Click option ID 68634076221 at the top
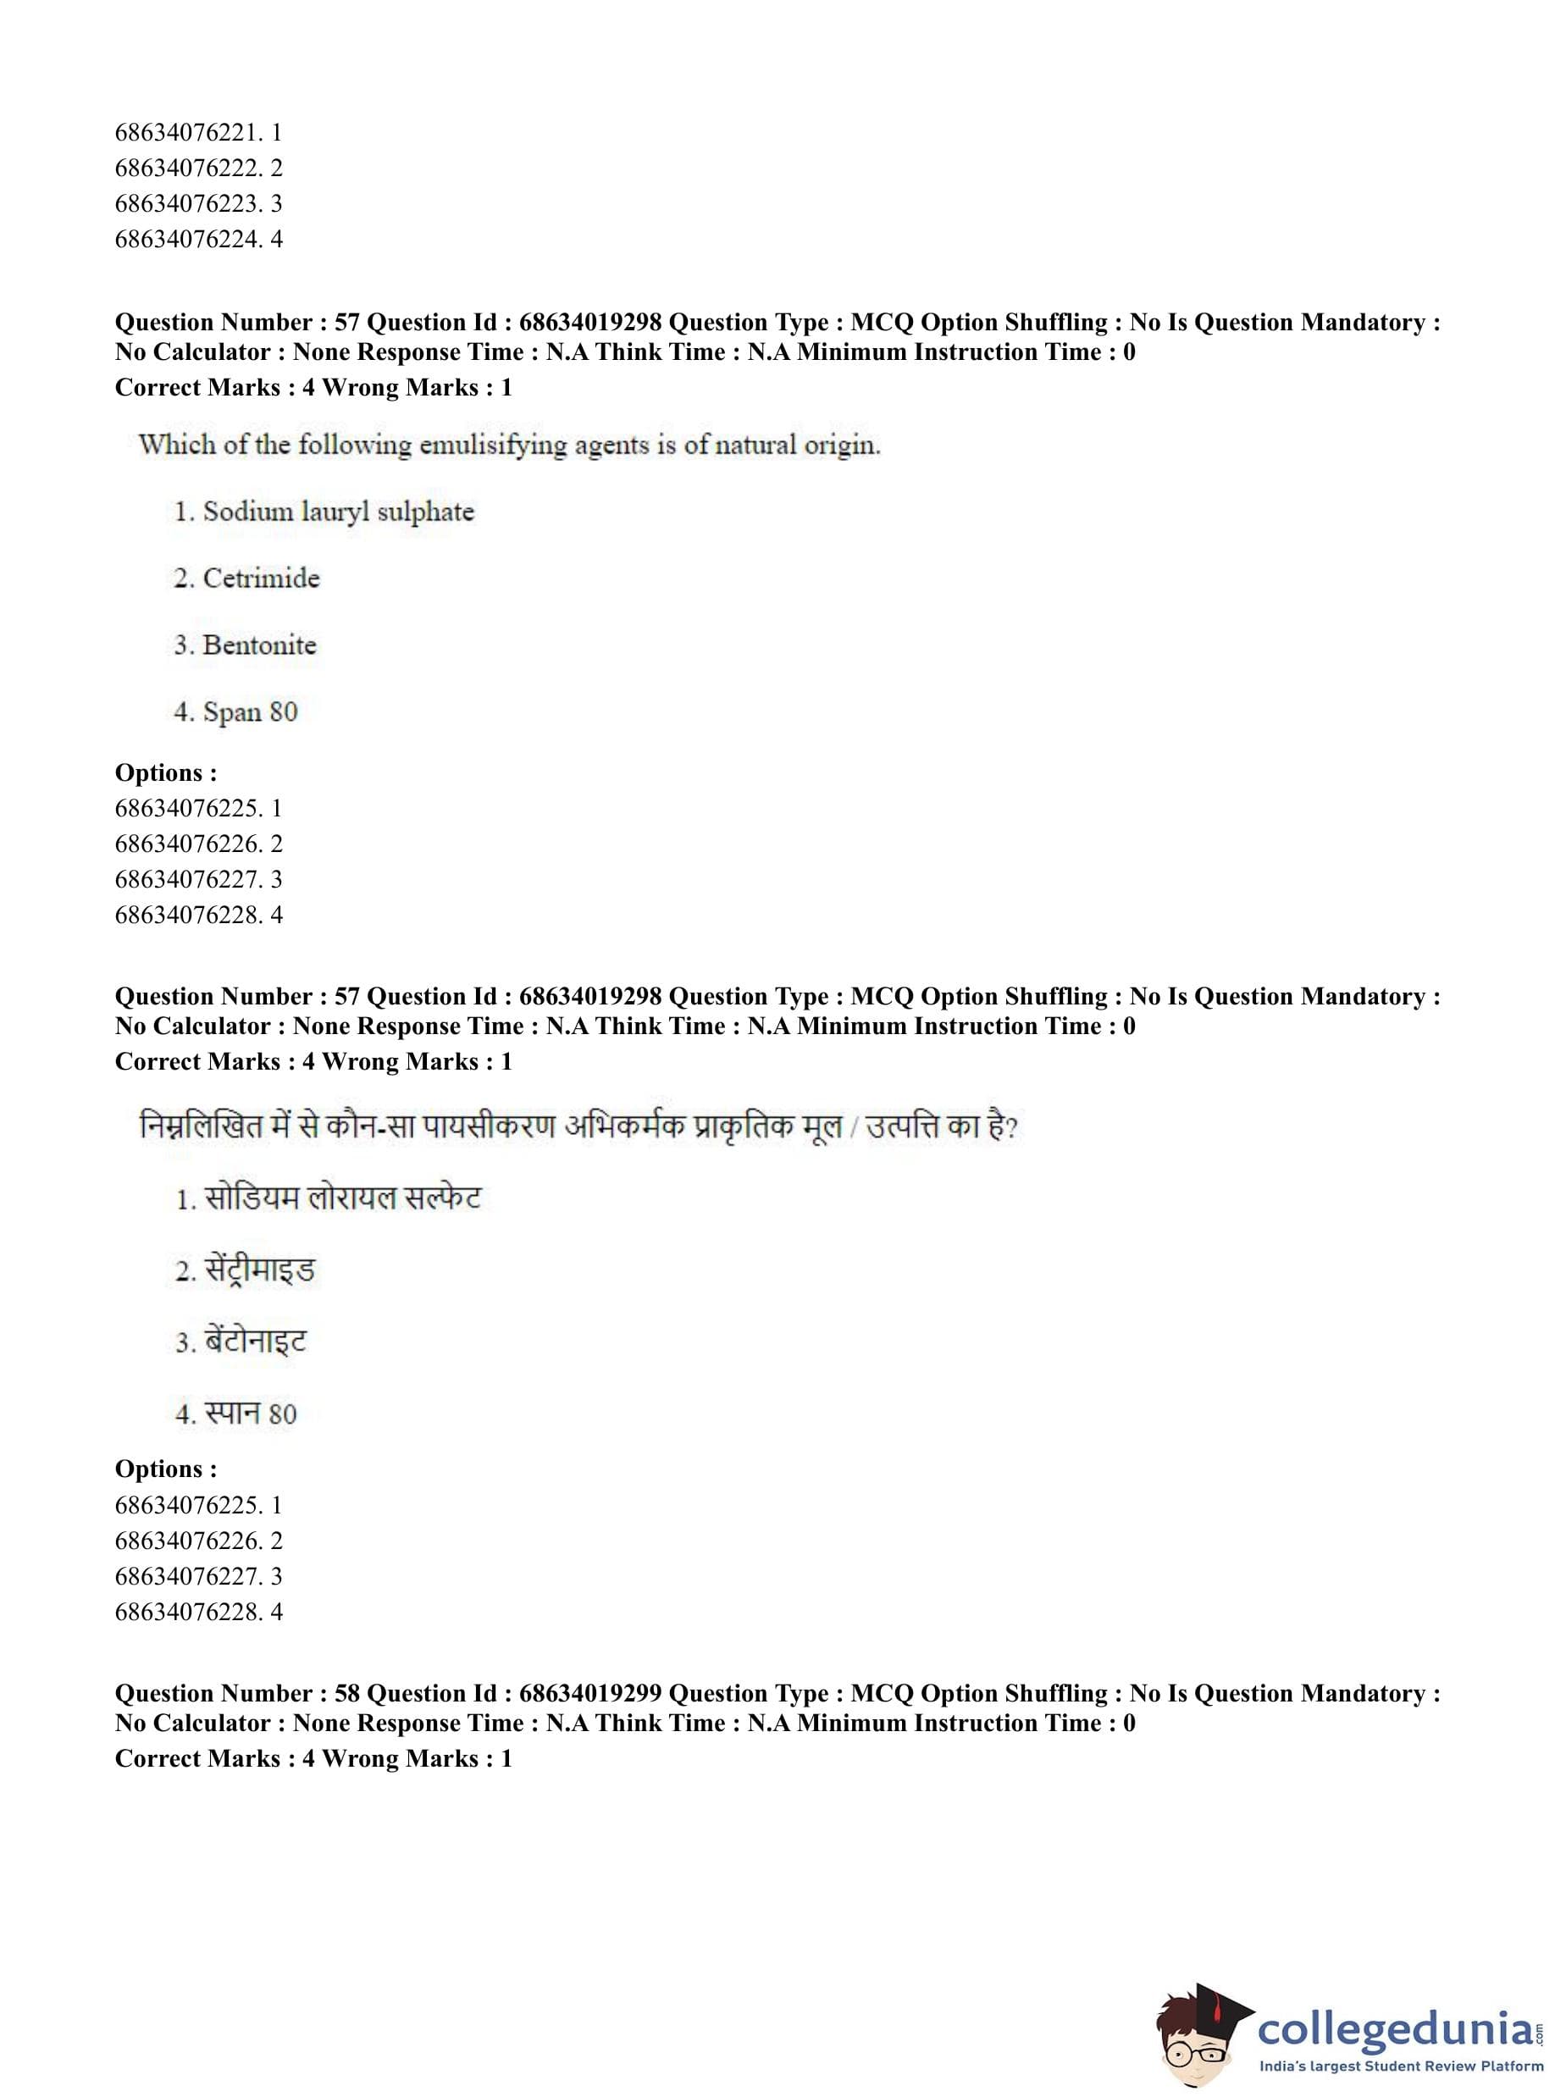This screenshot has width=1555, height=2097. (x=197, y=133)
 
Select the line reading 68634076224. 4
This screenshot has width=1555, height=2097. (x=197, y=239)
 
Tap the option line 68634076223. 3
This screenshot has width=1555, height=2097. (x=197, y=203)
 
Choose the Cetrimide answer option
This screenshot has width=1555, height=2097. (x=261, y=578)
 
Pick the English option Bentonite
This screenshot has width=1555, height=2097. (x=259, y=645)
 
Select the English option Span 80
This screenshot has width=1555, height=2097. (x=251, y=711)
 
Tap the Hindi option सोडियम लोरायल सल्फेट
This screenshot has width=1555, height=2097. (x=341, y=1198)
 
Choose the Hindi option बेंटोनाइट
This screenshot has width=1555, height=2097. (x=255, y=1342)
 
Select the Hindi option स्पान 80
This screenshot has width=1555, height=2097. (x=251, y=1414)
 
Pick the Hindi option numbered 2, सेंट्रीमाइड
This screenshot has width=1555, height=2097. (x=259, y=1270)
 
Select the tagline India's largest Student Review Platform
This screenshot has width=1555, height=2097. (x=1401, y=2067)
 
